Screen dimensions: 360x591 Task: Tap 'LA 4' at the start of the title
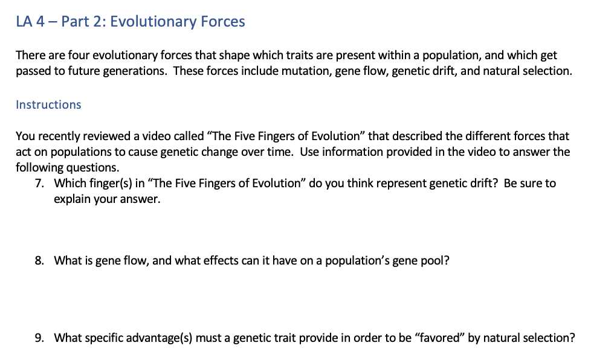click(x=29, y=22)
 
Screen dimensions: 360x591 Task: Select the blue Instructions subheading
click(x=48, y=104)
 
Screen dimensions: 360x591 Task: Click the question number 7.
click(x=39, y=183)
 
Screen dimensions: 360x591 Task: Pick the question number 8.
click(x=39, y=261)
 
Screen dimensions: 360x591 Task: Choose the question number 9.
click(x=39, y=338)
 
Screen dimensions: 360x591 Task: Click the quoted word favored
click(x=439, y=338)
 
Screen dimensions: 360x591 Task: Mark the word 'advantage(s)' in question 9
click(x=159, y=338)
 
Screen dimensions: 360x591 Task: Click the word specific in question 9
click(x=106, y=338)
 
